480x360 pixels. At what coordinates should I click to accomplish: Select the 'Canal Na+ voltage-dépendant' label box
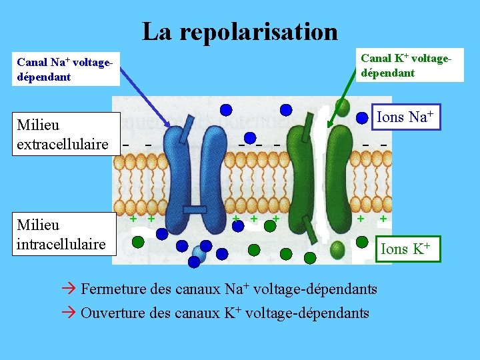(x=65, y=69)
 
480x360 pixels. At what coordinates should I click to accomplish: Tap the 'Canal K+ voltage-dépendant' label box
(x=407, y=65)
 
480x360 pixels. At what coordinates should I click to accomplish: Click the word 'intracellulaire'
(x=61, y=244)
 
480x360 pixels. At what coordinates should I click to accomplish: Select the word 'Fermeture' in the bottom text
(x=110, y=289)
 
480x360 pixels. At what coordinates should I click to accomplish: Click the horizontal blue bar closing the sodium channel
(x=195, y=211)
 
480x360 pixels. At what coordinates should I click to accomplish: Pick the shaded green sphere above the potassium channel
(x=342, y=105)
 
